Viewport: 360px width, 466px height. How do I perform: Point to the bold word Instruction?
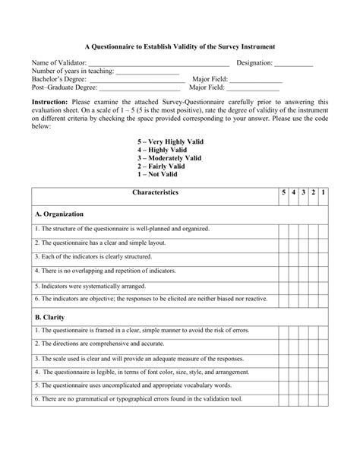click(x=49, y=101)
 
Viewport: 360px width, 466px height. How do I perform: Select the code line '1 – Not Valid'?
click(x=159, y=174)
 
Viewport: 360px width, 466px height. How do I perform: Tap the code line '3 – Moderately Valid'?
click(x=169, y=158)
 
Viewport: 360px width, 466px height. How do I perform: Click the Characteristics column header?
click(x=155, y=193)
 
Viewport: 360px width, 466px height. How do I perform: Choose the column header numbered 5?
click(x=283, y=193)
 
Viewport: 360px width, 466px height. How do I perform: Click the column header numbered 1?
click(x=324, y=193)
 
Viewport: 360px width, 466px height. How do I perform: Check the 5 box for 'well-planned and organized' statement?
click(x=283, y=229)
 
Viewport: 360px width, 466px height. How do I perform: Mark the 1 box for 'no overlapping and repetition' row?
click(x=324, y=271)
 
